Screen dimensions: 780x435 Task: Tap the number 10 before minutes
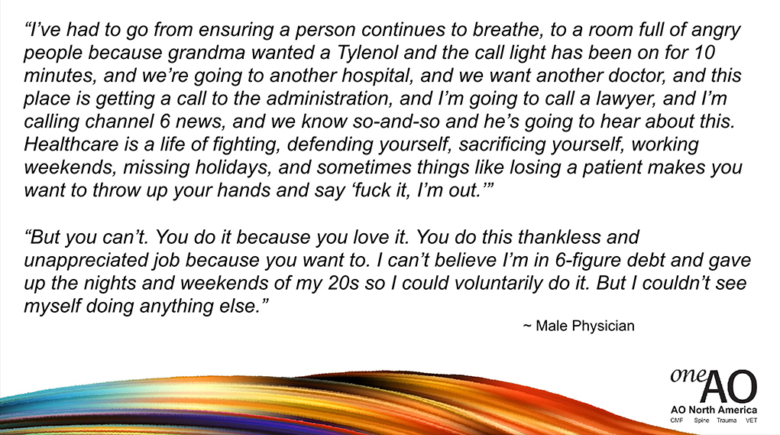pyautogui.click(x=704, y=53)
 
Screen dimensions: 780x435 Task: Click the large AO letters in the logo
pyautogui.click(x=729, y=386)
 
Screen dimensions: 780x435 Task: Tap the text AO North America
pyautogui.click(x=714, y=410)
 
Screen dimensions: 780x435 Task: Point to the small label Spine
pyautogui.click(x=701, y=420)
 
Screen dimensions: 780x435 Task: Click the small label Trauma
pyautogui.click(x=727, y=420)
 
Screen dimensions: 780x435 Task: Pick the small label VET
pyautogui.click(x=751, y=420)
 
